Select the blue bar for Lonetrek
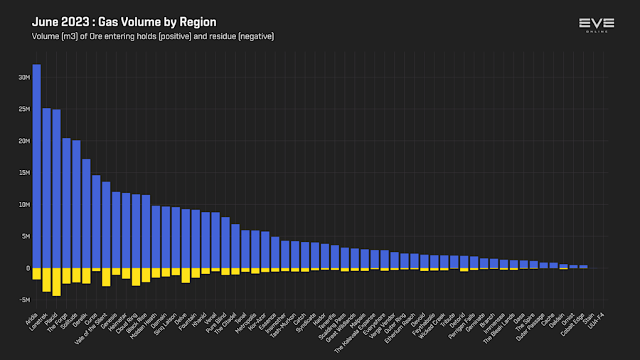point(46,188)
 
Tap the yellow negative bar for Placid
point(56,282)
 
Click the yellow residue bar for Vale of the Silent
point(106,277)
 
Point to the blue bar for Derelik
point(86,213)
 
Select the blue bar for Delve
point(186,238)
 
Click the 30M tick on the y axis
point(24,78)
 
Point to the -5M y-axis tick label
point(24,300)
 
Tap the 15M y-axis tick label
point(24,173)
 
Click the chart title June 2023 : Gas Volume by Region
point(124,23)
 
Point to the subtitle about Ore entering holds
point(152,36)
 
